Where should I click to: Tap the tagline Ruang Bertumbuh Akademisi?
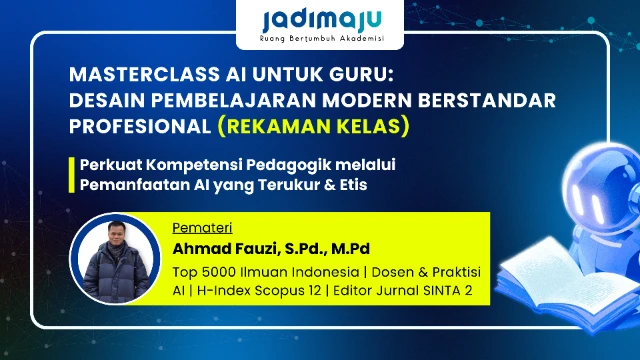[x=320, y=42]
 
